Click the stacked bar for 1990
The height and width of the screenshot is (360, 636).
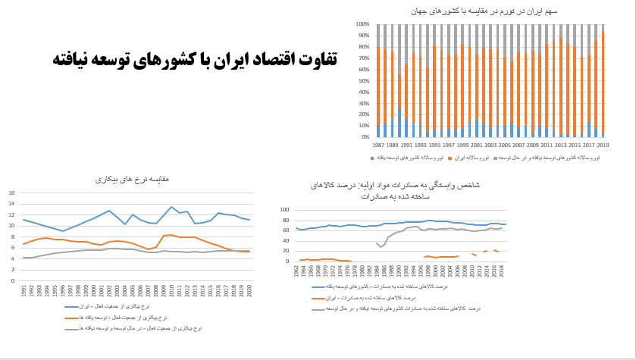click(x=399, y=80)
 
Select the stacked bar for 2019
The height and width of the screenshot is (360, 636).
click(x=603, y=80)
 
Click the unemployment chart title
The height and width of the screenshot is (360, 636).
click(x=132, y=180)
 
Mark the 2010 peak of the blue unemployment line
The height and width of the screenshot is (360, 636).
click(x=172, y=207)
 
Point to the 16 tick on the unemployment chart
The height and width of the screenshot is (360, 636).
click(x=11, y=193)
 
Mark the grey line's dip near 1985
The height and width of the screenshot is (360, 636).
click(x=381, y=246)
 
